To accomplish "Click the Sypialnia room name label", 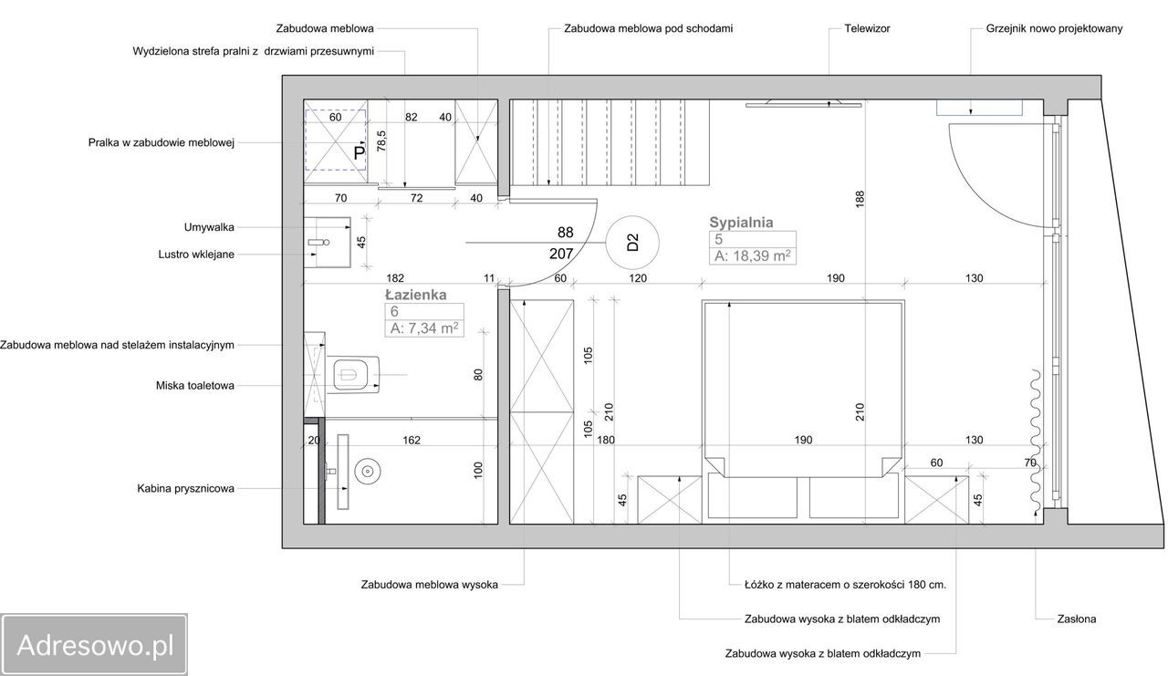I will pos(741,222).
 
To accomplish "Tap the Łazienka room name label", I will pos(415,295).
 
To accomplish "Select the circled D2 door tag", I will pos(632,242).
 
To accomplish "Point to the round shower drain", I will pos(367,472).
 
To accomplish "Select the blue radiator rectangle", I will pos(979,108).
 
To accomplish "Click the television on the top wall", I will pos(803,105).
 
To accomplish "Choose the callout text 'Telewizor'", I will pos(866,28).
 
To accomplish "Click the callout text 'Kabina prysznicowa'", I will pos(185,488).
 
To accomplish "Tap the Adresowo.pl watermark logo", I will pos(94,646).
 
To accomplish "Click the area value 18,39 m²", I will pos(753,256).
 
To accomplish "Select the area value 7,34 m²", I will pos(424,328).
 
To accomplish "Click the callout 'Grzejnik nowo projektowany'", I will pos(1054,28).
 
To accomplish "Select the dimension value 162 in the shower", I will pos(411,441).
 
